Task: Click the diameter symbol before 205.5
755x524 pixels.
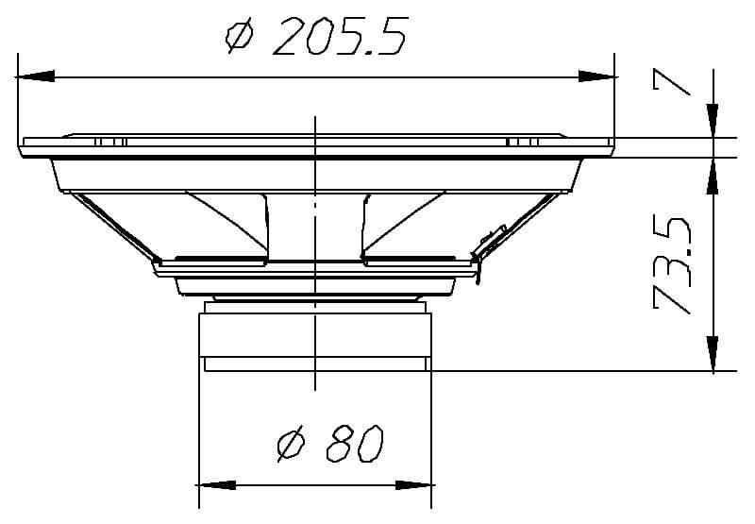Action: click(x=240, y=38)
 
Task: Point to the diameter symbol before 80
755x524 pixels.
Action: click(x=293, y=444)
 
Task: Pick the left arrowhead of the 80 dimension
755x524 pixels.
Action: click(x=216, y=485)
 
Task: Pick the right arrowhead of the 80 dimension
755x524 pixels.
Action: click(x=415, y=485)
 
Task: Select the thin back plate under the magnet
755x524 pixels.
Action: click(x=316, y=364)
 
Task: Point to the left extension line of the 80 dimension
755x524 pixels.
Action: click(x=197, y=425)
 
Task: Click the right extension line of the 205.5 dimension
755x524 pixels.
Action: click(x=615, y=94)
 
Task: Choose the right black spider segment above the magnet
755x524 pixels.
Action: click(x=411, y=258)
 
